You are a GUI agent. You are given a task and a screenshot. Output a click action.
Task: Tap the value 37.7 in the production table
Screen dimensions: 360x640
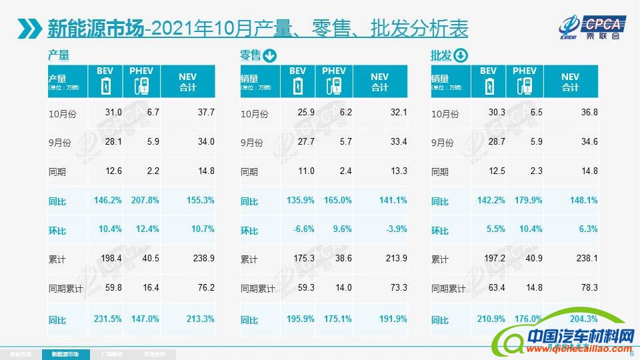click(204, 113)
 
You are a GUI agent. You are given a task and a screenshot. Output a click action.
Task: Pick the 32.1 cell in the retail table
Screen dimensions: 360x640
click(396, 113)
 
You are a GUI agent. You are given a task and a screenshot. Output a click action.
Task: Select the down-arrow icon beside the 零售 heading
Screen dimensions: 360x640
click(270, 56)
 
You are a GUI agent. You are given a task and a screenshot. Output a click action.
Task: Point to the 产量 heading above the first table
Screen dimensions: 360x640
click(59, 56)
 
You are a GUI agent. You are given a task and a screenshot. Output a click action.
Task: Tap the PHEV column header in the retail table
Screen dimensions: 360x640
click(334, 71)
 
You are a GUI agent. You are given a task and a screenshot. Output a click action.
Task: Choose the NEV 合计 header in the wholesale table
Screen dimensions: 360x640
click(571, 82)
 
